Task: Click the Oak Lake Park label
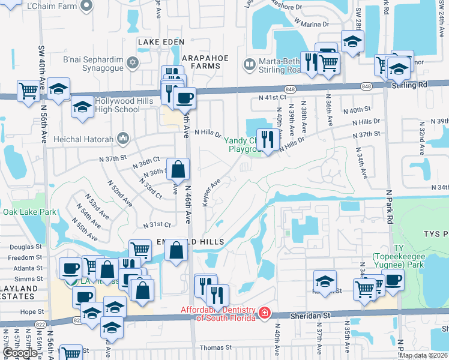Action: click(x=29, y=212)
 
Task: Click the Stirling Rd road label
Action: click(x=411, y=85)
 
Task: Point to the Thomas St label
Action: click(x=215, y=347)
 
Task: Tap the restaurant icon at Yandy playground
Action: click(x=266, y=140)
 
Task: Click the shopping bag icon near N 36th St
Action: click(x=178, y=170)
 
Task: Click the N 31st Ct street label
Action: click(x=157, y=224)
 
